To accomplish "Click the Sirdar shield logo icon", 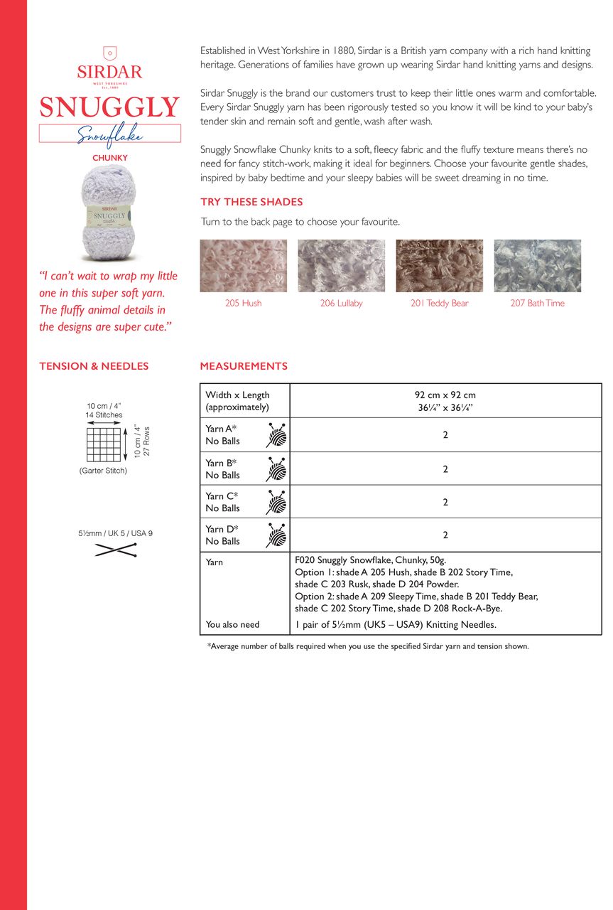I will (109, 53).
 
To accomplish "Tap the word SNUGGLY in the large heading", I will (109, 107).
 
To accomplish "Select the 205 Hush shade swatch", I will (244, 266).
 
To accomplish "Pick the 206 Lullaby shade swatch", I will (341, 266).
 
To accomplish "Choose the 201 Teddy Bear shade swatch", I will (439, 266).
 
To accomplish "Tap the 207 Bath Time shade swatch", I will (537, 266).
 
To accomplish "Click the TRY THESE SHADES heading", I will (251, 202).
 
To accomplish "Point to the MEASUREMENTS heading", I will (244, 366).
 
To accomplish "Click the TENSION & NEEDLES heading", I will (94, 366).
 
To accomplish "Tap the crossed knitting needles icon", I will (115, 549).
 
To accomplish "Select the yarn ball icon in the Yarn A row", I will (277, 434).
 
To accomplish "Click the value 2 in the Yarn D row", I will (445, 535).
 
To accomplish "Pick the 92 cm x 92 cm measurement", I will (445, 395).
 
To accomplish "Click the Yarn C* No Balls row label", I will (222, 502).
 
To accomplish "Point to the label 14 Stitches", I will (104, 415).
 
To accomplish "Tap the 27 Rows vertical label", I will (147, 441).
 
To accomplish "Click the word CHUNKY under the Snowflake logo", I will (110, 158).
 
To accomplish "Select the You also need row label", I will (232, 624).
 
